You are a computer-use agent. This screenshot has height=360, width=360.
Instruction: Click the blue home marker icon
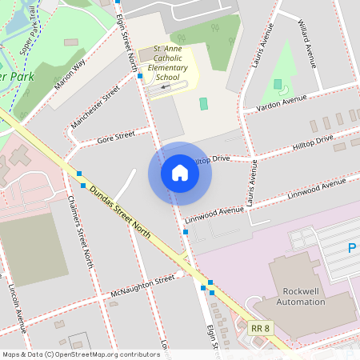coord(180,173)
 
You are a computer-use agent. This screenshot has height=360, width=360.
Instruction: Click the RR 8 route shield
coord(259,328)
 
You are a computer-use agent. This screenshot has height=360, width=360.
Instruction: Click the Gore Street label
coord(115,137)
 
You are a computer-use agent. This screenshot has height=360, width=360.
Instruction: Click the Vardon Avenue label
coord(282,103)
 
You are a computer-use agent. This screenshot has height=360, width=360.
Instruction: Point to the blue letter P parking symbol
coord(353,249)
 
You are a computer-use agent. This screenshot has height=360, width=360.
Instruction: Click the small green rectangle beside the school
coord(202,103)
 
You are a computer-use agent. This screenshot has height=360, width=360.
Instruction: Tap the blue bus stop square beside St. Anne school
coord(140,76)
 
